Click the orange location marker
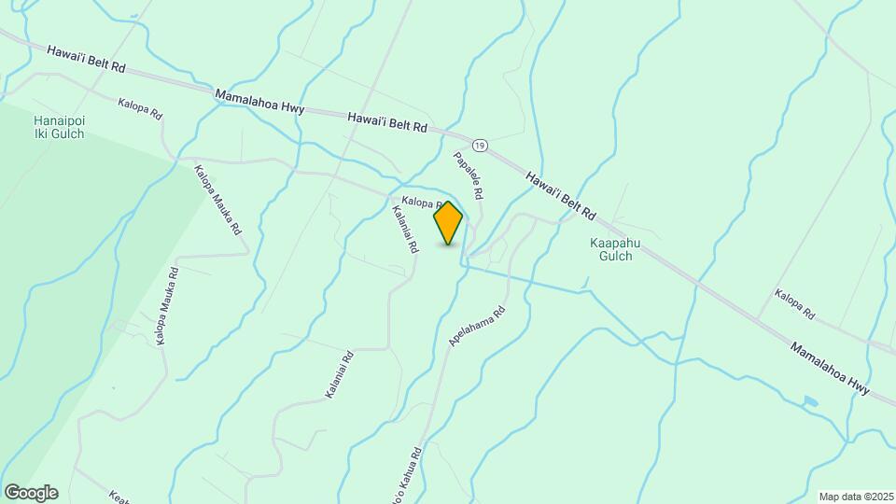click(448, 222)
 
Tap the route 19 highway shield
click(480, 145)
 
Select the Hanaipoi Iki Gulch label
click(59, 127)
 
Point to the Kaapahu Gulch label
click(611, 249)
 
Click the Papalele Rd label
click(469, 175)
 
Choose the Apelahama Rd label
click(477, 327)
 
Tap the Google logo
click(31, 493)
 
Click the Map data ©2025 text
click(855, 497)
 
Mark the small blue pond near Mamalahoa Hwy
click(810, 401)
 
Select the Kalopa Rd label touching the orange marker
click(419, 202)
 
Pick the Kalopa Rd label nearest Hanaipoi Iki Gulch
click(141, 109)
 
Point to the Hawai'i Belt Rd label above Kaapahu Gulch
click(560, 195)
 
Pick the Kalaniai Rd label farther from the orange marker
click(339, 375)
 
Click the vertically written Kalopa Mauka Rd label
click(166, 307)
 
